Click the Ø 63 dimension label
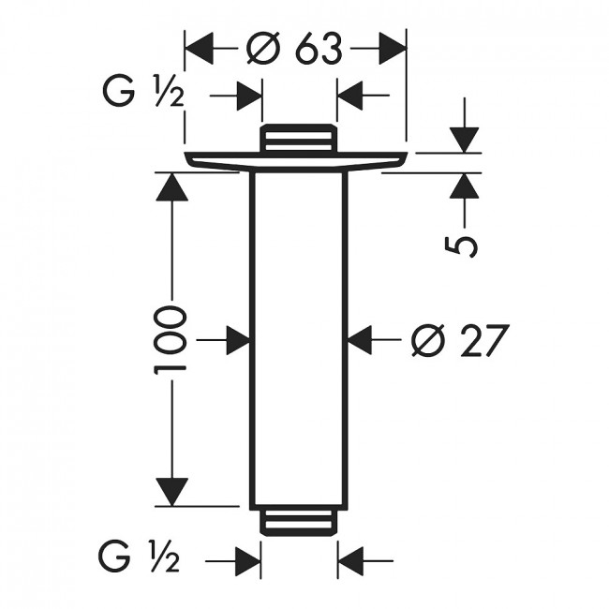point(295,48)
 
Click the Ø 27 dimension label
point(459,340)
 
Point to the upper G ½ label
point(143,92)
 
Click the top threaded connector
point(298,138)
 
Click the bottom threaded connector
point(298,523)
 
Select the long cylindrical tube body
point(298,340)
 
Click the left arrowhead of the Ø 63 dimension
point(200,49)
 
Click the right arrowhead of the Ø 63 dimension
point(393,49)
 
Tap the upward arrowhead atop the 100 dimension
point(171,186)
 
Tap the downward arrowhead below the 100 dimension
point(171,492)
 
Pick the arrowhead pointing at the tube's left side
point(238,340)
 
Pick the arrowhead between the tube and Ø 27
point(360,340)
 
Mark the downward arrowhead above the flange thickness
point(464,140)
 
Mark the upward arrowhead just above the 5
point(464,186)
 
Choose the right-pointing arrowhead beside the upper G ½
point(248,96)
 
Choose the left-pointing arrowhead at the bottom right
point(350,561)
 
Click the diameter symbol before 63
point(263,48)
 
